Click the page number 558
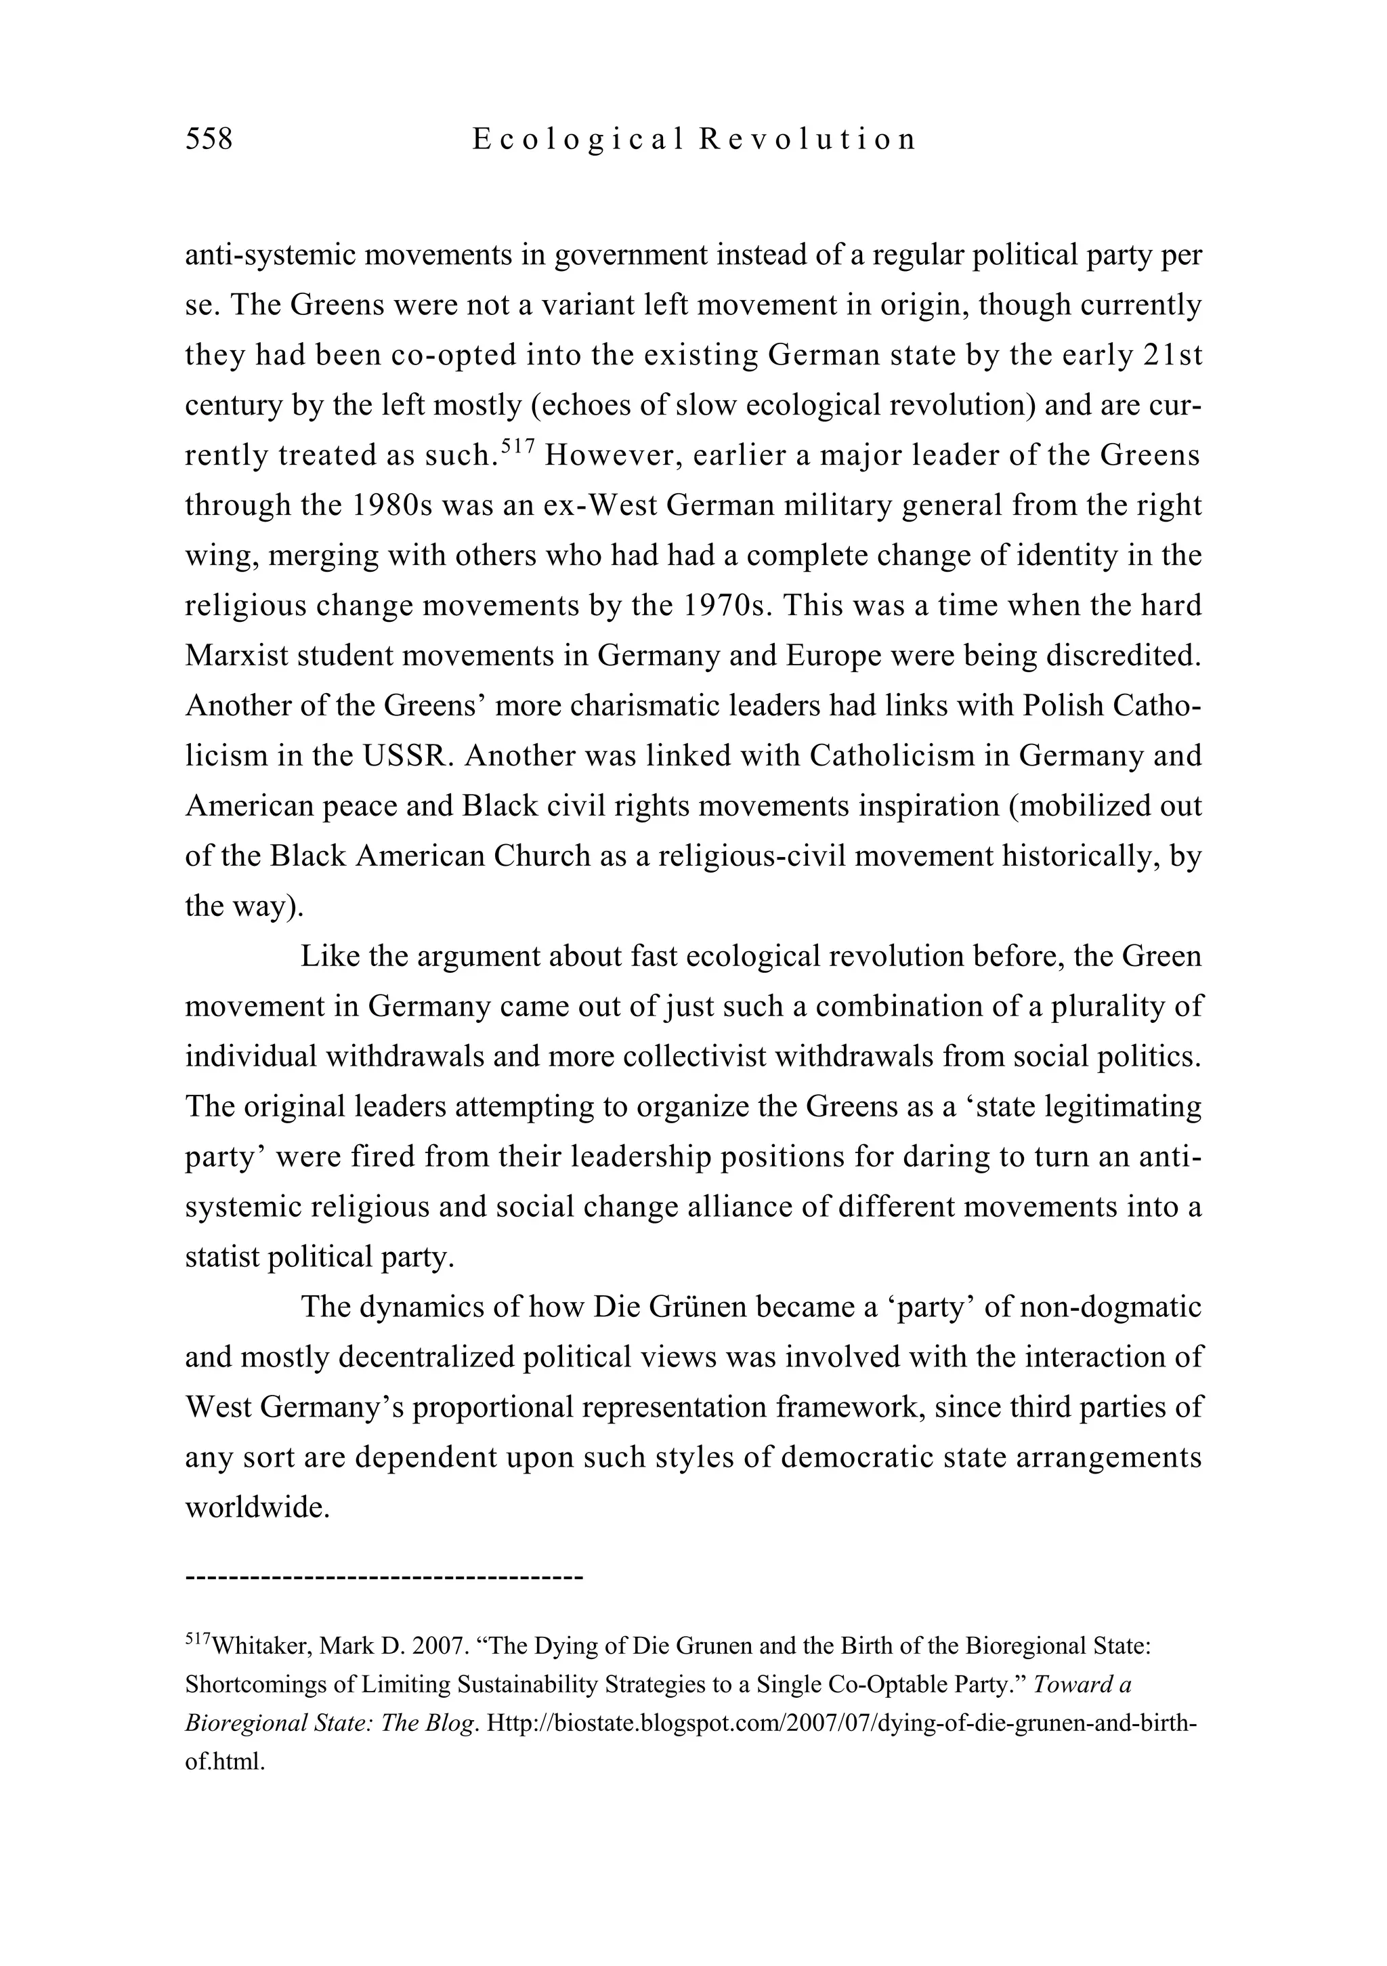tap(209, 139)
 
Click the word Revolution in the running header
tap(807, 139)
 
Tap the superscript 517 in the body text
tap(517, 445)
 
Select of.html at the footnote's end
tap(224, 1762)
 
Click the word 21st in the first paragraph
tap(1173, 354)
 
